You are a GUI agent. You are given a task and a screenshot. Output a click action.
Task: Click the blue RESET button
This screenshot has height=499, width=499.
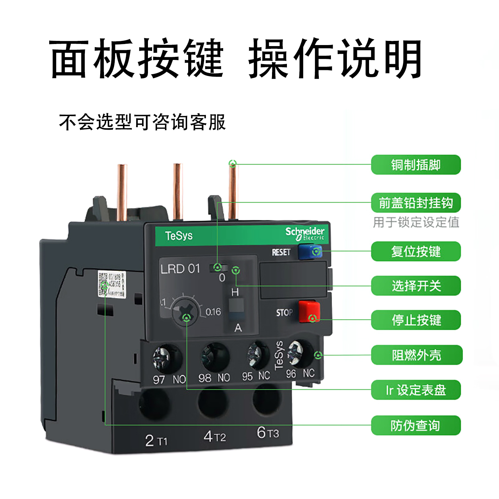coord(309,252)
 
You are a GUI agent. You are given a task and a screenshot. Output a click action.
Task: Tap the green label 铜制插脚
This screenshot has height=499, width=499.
coord(416,165)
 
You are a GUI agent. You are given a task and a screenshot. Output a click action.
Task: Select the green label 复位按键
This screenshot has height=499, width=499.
coord(416,252)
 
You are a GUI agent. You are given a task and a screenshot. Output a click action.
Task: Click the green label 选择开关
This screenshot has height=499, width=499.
coord(416,286)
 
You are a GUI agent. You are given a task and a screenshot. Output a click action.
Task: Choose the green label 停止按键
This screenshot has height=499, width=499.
coord(416,320)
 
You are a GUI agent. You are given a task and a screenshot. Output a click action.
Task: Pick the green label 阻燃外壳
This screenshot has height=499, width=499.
coord(417,355)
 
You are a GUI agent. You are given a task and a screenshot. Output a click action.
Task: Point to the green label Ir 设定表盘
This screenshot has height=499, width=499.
coord(416,390)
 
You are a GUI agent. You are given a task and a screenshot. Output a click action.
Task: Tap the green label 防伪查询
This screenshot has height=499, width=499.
coord(416,426)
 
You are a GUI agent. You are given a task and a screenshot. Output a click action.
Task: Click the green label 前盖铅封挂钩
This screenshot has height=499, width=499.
coord(416,203)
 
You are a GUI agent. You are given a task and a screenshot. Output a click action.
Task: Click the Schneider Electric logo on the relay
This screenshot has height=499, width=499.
coord(305,234)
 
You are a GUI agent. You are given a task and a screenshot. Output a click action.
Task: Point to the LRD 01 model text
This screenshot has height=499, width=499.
coord(180,269)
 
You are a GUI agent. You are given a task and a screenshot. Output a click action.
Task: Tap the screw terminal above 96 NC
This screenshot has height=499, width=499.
coord(299,353)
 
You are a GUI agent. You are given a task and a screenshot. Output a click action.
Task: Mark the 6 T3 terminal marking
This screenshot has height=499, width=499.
coord(268,433)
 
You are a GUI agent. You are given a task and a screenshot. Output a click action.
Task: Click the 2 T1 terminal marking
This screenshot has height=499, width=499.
coord(156,441)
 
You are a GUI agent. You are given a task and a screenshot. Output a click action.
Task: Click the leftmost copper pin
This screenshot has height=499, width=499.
coord(122,192)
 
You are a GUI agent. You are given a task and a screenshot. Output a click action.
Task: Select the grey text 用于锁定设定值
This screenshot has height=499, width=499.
coord(416,222)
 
